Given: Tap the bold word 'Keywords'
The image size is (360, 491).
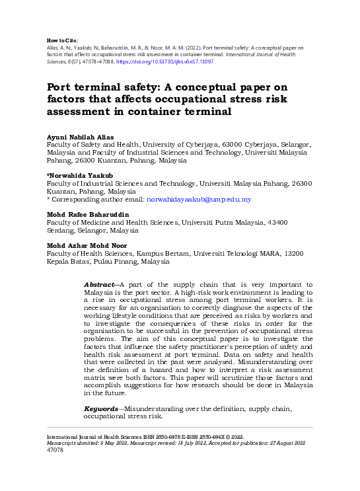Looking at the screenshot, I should (x=101, y=410).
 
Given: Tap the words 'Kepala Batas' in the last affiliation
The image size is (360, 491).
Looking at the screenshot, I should (x=68, y=261).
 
